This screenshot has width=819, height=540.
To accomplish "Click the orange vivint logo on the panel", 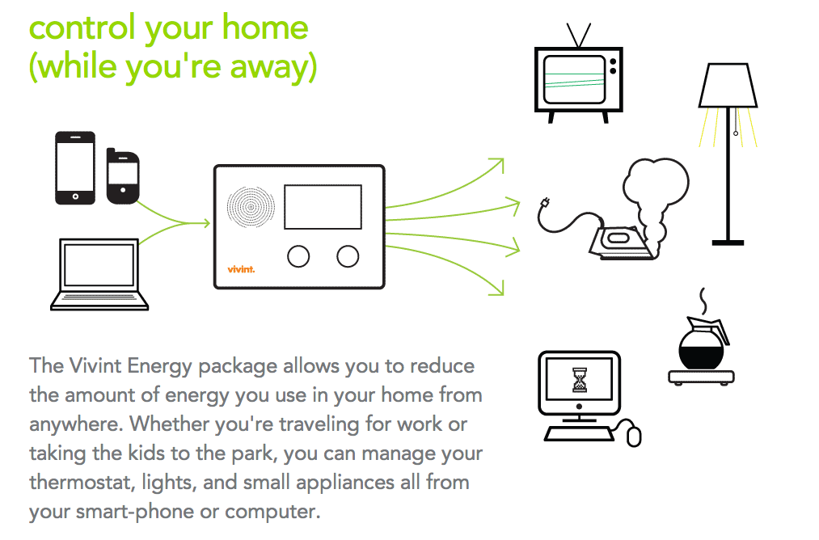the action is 241,269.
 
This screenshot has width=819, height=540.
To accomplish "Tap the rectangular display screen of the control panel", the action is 323,207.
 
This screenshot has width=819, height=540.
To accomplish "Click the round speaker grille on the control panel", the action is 251,207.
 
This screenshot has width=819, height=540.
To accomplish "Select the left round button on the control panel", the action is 298,256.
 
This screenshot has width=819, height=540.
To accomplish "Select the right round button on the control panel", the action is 348,256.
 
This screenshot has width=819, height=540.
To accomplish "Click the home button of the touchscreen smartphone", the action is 75,197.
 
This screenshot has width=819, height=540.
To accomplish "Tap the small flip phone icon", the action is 123,176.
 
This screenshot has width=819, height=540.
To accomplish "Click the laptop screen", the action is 99,264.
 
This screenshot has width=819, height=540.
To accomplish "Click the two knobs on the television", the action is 613,65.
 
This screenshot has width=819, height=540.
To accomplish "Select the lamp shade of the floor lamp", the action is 728,86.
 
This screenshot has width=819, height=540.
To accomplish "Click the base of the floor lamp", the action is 728,243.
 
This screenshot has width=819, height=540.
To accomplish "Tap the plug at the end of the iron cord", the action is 545,203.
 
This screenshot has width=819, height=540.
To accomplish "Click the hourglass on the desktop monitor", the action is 579,380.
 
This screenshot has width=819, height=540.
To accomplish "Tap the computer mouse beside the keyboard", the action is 634,437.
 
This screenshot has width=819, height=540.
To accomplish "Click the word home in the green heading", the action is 265,27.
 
